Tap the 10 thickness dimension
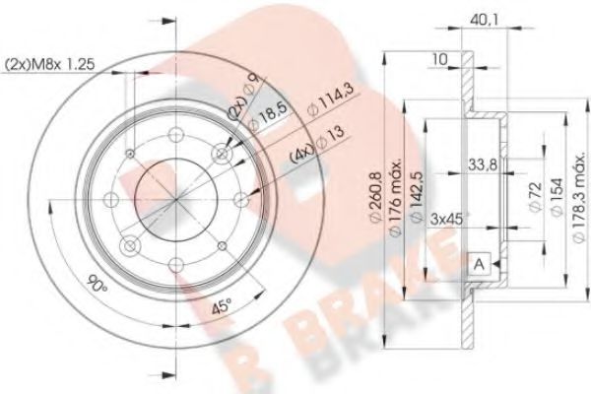[x=440, y=60]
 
